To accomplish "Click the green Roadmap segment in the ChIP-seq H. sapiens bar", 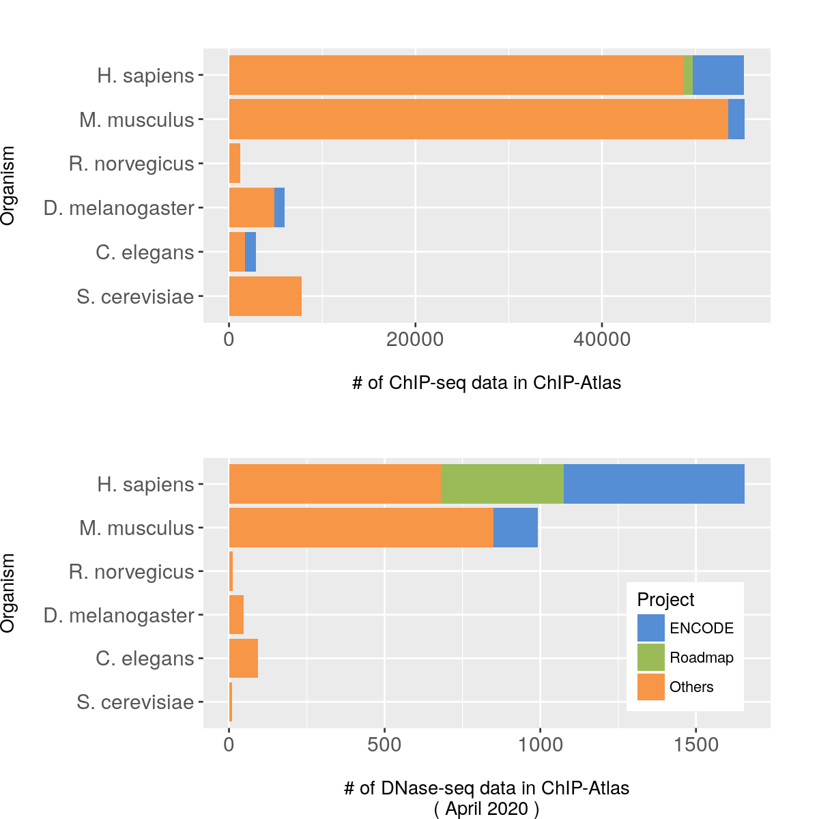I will click(x=688, y=75).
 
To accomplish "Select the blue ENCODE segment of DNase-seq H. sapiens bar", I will click(x=654, y=484).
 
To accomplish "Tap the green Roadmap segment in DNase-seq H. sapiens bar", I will click(x=502, y=484).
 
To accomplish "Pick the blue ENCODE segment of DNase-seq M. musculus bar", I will click(x=515, y=528).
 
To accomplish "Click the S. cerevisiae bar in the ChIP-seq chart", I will click(x=265, y=296).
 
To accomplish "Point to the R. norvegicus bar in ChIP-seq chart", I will click(x=234, y=163).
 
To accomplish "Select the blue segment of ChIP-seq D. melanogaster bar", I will click(x=279, y=207).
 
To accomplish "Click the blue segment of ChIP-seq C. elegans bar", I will click(x=250, y=252).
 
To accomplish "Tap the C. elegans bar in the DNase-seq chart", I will click(x=243, y=659).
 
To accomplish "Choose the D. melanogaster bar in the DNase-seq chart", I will click(x=236, y=615).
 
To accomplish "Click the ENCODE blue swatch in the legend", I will click(x=651, y=628).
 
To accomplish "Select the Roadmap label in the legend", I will click(x=701, y=658).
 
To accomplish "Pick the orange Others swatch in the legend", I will click(x=651, y=687).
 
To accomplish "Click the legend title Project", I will click(x=665, y=600).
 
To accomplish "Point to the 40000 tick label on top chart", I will click(x=601, y=339).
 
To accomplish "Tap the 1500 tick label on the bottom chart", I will click(x=695, y=745).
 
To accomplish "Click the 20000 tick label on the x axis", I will click(x=415, y=339).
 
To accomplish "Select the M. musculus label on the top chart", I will click(x=136, y=120).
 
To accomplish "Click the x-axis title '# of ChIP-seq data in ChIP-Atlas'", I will click(x=487, y=383).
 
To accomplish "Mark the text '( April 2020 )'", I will click(x=487, y=809).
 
